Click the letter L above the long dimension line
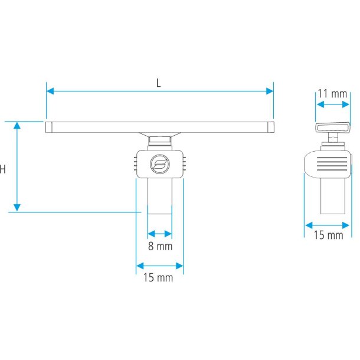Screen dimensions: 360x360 pos(158,83)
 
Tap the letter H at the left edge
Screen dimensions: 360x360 pos(2,169)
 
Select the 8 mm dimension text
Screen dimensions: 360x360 pos(160,246)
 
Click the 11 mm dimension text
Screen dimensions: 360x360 pos(332,94)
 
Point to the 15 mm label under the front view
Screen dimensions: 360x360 pos(158,277)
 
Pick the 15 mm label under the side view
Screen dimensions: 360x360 pos(328,235)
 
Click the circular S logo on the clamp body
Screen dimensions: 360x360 pos(160,164)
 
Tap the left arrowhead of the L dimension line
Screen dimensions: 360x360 pos(50,91)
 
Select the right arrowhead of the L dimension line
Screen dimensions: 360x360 pos(270,91)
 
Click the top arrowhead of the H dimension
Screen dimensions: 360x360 pos(17,125)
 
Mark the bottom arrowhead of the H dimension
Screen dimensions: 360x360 pos(17,208)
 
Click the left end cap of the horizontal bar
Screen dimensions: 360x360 pos(48,127)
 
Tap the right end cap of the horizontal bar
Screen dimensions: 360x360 pos(271,127)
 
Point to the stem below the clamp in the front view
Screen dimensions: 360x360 pos(160,196)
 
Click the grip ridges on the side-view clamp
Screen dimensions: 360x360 pos(332,164)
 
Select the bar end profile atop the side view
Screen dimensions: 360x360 pos(332,127)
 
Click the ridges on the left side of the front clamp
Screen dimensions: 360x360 pos(135,163)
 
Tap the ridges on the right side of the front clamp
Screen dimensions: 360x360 pos(184,163)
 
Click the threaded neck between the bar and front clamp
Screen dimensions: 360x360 pos(160,142)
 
